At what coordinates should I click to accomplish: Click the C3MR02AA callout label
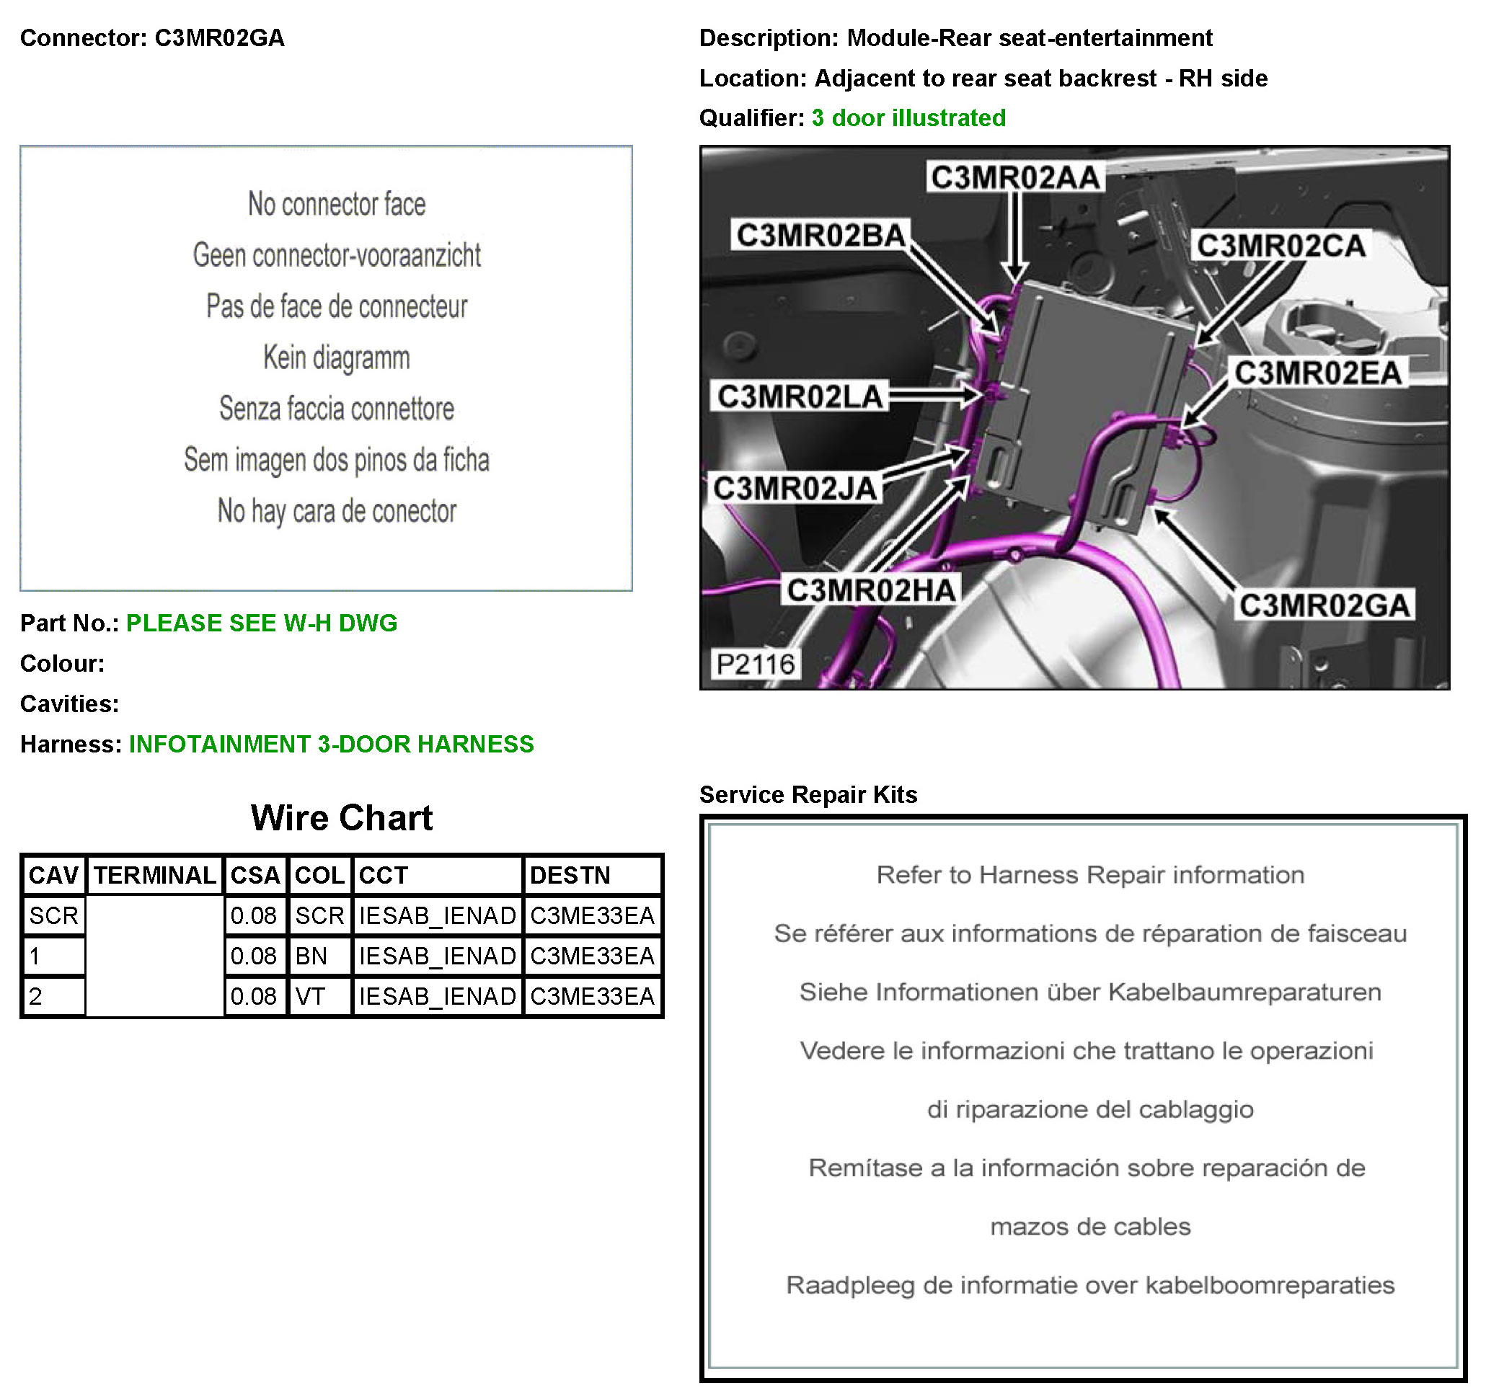tap(1015, 177)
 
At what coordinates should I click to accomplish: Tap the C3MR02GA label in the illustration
tap(1324, 605)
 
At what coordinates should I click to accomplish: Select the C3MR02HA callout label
tap(871, 590)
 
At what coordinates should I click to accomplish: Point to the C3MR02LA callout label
tap(800, 396)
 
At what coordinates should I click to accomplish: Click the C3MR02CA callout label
tap(1281, 245)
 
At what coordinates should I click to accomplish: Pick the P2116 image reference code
tap(755, 664)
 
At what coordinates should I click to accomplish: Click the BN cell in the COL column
tap(311, 956)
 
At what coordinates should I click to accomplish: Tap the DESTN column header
tap(570, 875)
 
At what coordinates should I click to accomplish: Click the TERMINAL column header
tap(155, 875)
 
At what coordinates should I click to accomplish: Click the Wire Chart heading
tap(342, 817)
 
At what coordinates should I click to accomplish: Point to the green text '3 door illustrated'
tap(908, 118)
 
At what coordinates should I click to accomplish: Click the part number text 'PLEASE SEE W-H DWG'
tap(262, 623)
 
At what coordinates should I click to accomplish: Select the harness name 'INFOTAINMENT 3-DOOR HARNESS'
tap(331, 745)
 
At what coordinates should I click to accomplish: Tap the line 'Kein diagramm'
tap(337, 357)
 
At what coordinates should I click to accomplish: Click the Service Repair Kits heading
tap(808, 794)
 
